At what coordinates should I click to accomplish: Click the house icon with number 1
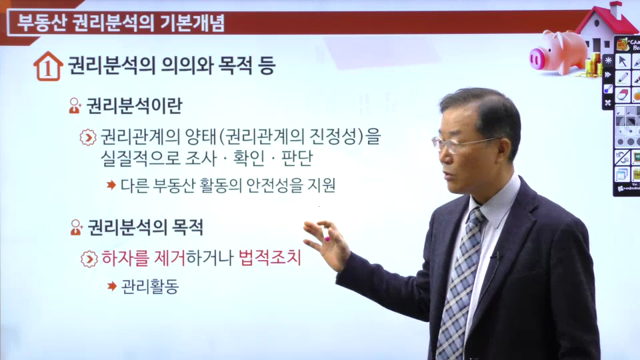tap(48, 66)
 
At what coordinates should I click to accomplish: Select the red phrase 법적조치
tap(270, 257)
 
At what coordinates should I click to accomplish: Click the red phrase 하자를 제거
tap(143, 258)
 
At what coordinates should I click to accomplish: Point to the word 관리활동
tap(150, 286)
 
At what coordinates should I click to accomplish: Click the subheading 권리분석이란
tap(134, 106)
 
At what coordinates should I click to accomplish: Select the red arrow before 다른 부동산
tap(111, 185)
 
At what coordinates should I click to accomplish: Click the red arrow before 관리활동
tap(112, 286)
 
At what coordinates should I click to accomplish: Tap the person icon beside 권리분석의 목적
tap(76, 227)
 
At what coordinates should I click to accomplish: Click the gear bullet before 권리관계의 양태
tap(88, 137)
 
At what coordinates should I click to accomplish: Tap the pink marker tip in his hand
tap(327, 239)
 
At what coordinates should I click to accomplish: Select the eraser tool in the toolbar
tap(623, 95)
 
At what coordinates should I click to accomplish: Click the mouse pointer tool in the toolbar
tap(623, 61)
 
